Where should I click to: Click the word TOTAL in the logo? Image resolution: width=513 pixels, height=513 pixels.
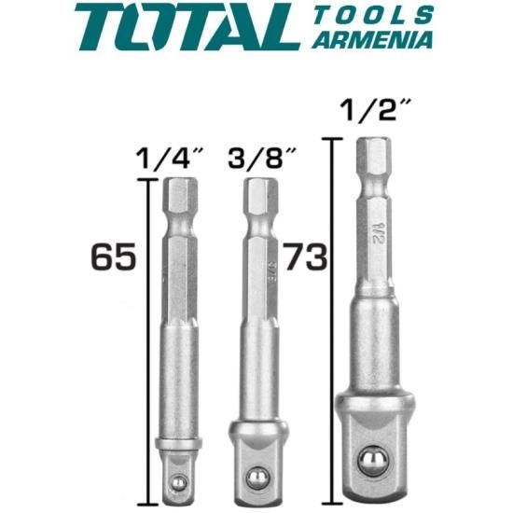tap(187, 27)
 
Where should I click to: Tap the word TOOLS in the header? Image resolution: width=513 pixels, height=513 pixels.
tap(374, 15)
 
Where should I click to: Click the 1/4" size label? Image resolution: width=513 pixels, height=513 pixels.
tap(170, 159)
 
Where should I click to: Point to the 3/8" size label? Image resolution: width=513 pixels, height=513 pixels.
tap(262, 159)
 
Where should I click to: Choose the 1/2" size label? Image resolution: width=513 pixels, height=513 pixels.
tap(375, 111)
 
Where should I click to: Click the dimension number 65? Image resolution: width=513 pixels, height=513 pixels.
tap(113, 256)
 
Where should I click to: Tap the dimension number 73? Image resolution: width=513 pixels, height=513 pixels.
tap(306, 256)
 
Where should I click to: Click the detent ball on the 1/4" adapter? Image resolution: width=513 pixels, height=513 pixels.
tap(179, 483)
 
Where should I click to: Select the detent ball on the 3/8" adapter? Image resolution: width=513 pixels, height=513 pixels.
tap(257, 480)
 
